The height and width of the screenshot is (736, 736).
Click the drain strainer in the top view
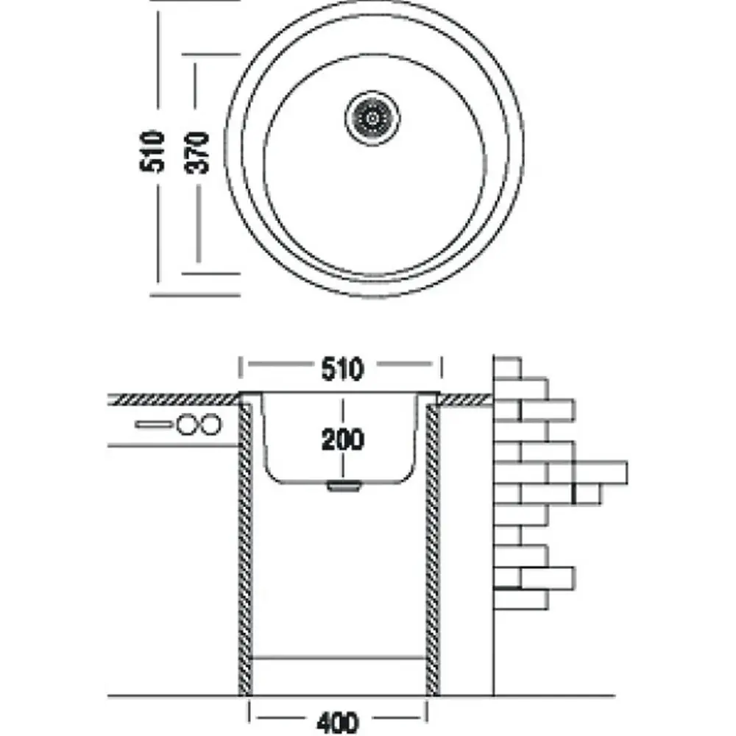(x=372, y=118)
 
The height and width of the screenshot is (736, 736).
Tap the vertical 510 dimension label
(x=152, y=151)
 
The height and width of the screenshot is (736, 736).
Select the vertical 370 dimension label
(x=197, y=152)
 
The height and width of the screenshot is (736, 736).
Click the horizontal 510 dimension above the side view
(x=342, y=369)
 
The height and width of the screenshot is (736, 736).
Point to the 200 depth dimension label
(x=342, y=440)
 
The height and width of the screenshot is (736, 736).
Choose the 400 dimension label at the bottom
(x=338, y=723)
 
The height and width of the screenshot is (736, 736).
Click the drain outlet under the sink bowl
(x=344, y=486)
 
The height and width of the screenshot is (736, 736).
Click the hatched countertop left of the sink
(x=174, y=400)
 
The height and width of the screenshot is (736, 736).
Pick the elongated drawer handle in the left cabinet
(x=154, y=425)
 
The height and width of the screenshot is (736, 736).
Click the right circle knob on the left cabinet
(x=210, y=425)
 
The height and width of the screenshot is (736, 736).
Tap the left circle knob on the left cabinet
(x=187, y=425)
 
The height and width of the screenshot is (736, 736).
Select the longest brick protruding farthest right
(x=600, y=473)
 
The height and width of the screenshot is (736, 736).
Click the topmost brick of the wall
(x=507, y=368)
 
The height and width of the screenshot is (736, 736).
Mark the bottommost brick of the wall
(x=520, y=599)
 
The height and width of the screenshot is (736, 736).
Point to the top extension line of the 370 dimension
(x=211, y=55)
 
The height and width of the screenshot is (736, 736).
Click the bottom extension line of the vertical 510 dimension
(x=195, y=296)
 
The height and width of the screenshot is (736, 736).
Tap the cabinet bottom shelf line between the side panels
(x=339, y=658)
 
